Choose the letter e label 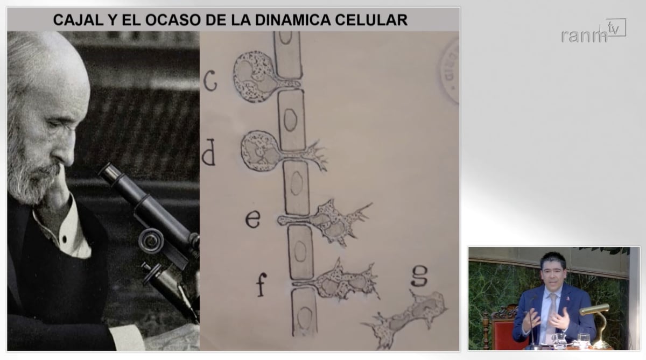(x=253, y=218)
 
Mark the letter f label (x=261, y=285)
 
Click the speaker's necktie (x=551, y=317)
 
